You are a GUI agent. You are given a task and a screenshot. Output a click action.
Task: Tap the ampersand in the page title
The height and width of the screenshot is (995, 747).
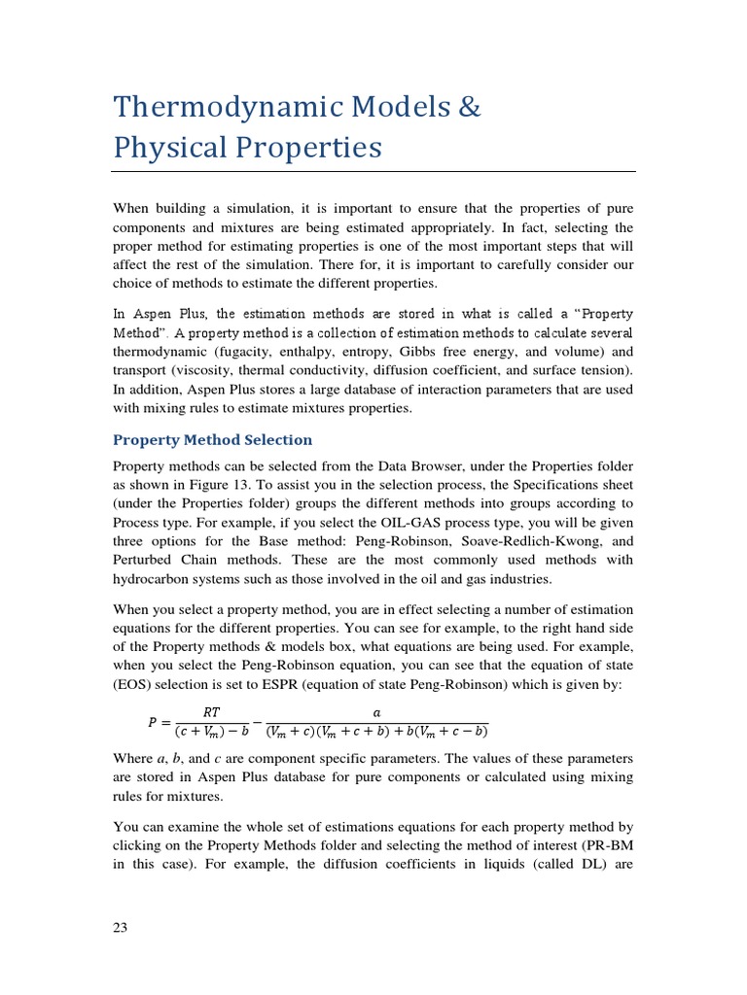pos(469,106)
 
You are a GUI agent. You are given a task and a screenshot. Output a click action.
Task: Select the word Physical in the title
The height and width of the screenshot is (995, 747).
pos(172,148)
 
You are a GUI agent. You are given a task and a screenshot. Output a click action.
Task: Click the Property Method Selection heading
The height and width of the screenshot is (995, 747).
pos(213,440)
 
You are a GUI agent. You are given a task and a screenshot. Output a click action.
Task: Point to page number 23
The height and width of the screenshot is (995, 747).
pos(121,927)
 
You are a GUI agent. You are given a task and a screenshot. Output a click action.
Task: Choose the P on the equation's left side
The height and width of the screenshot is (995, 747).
pos(152,722)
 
